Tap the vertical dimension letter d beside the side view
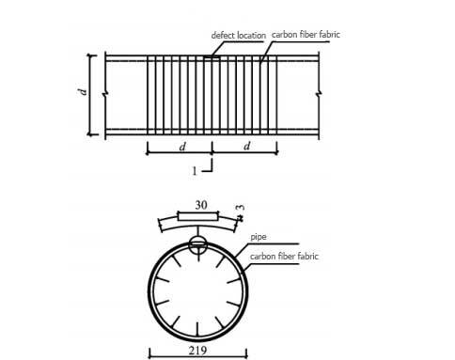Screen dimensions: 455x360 click(83, 92)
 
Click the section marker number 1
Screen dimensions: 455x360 click(195, 171)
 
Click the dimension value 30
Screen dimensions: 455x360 click(200, 204)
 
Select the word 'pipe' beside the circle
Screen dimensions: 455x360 click(259, 239)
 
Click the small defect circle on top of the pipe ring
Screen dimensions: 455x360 click(198, 245)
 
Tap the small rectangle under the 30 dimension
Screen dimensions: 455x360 click(198, 217)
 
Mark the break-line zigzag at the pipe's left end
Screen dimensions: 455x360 click(105, 92)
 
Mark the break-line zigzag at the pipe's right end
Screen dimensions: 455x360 click(319, 92)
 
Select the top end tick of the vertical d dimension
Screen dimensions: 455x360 click(91, 55)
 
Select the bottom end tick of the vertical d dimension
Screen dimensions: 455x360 click(91, 134)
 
